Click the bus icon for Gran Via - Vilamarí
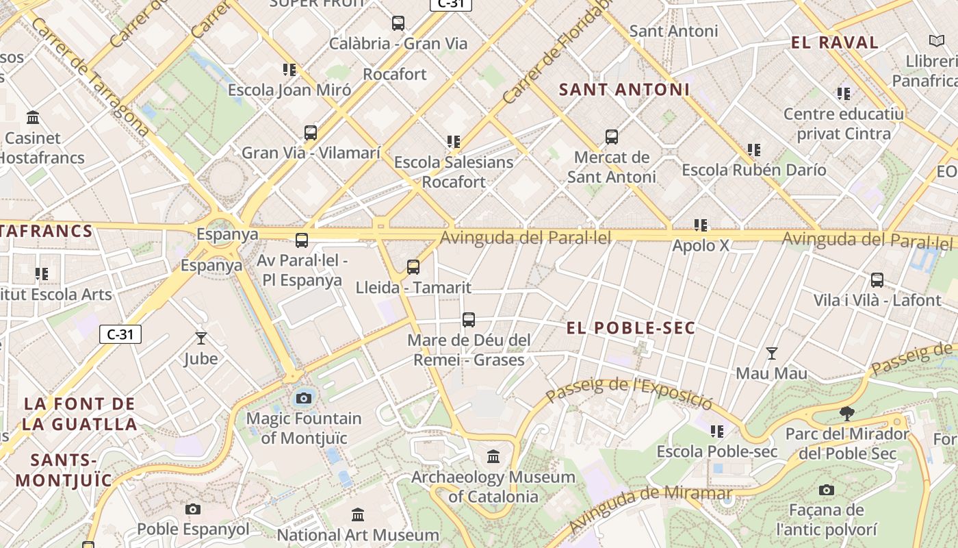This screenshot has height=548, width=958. (311, 133)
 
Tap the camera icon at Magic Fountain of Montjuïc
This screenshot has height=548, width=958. (304, 397)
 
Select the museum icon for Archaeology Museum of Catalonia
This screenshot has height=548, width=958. (493, 456)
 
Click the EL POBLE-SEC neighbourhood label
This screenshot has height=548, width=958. (631, 328)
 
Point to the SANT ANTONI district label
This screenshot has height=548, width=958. (625, 90)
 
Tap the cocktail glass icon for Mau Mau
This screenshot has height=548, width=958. (772, 353)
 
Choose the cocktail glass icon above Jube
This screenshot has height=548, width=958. (201, 338)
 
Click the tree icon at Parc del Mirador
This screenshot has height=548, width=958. (846, 413)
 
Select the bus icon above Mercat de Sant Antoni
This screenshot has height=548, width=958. (612, 137)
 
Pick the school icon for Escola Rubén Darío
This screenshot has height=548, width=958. (754, 149)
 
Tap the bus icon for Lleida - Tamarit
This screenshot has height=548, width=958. (413, 267)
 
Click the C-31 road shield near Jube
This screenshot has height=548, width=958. (120, 334)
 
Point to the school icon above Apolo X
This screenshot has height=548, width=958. (701, 225)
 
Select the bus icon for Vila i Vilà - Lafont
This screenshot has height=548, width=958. (877, 280)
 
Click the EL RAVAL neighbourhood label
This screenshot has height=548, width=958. (835, 42)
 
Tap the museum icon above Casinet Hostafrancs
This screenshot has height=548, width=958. (33, 118)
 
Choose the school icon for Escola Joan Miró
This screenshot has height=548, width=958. (289, 70)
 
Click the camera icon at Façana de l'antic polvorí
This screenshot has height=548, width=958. (827, 490)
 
